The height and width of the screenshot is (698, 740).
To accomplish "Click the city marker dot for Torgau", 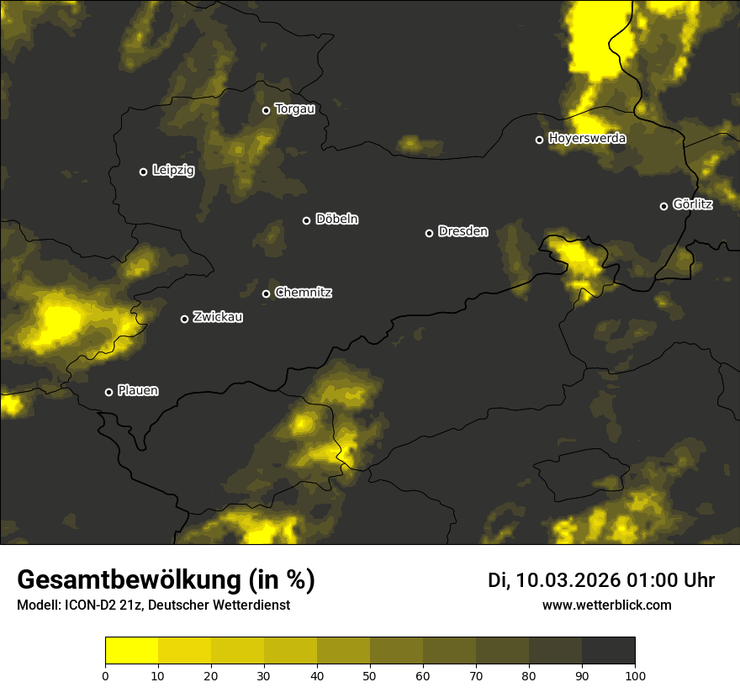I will (x=266, y=110).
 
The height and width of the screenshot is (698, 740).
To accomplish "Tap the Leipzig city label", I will (x=173, y=171).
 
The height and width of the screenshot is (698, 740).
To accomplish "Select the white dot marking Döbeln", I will (x=306, y=220).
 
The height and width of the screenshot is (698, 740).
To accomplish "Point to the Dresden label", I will (x=463, y=231).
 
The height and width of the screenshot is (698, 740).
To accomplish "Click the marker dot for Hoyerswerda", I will (x=539, y=140).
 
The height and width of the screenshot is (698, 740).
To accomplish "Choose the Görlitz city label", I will (x=693, y=204).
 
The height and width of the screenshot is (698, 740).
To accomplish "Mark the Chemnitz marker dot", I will (x=266, y=293).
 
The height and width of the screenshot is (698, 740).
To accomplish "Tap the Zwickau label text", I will (x=218, y=317).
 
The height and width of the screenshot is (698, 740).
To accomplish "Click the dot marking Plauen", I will (x=108, y=392).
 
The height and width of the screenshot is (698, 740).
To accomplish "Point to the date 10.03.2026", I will (x=568, y=580).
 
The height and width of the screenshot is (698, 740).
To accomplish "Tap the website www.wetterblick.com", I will (x=606, y=605).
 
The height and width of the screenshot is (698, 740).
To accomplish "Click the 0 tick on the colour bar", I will (x=105, y=675).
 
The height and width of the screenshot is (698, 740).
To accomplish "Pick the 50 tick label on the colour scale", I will (x=370, y=675).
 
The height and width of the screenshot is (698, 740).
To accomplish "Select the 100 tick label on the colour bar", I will (x=635, y=675).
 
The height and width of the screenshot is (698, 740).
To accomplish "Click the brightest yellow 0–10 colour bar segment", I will (x=131, y=651).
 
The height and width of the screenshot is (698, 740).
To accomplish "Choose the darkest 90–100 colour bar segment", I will (x=608, y=651).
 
